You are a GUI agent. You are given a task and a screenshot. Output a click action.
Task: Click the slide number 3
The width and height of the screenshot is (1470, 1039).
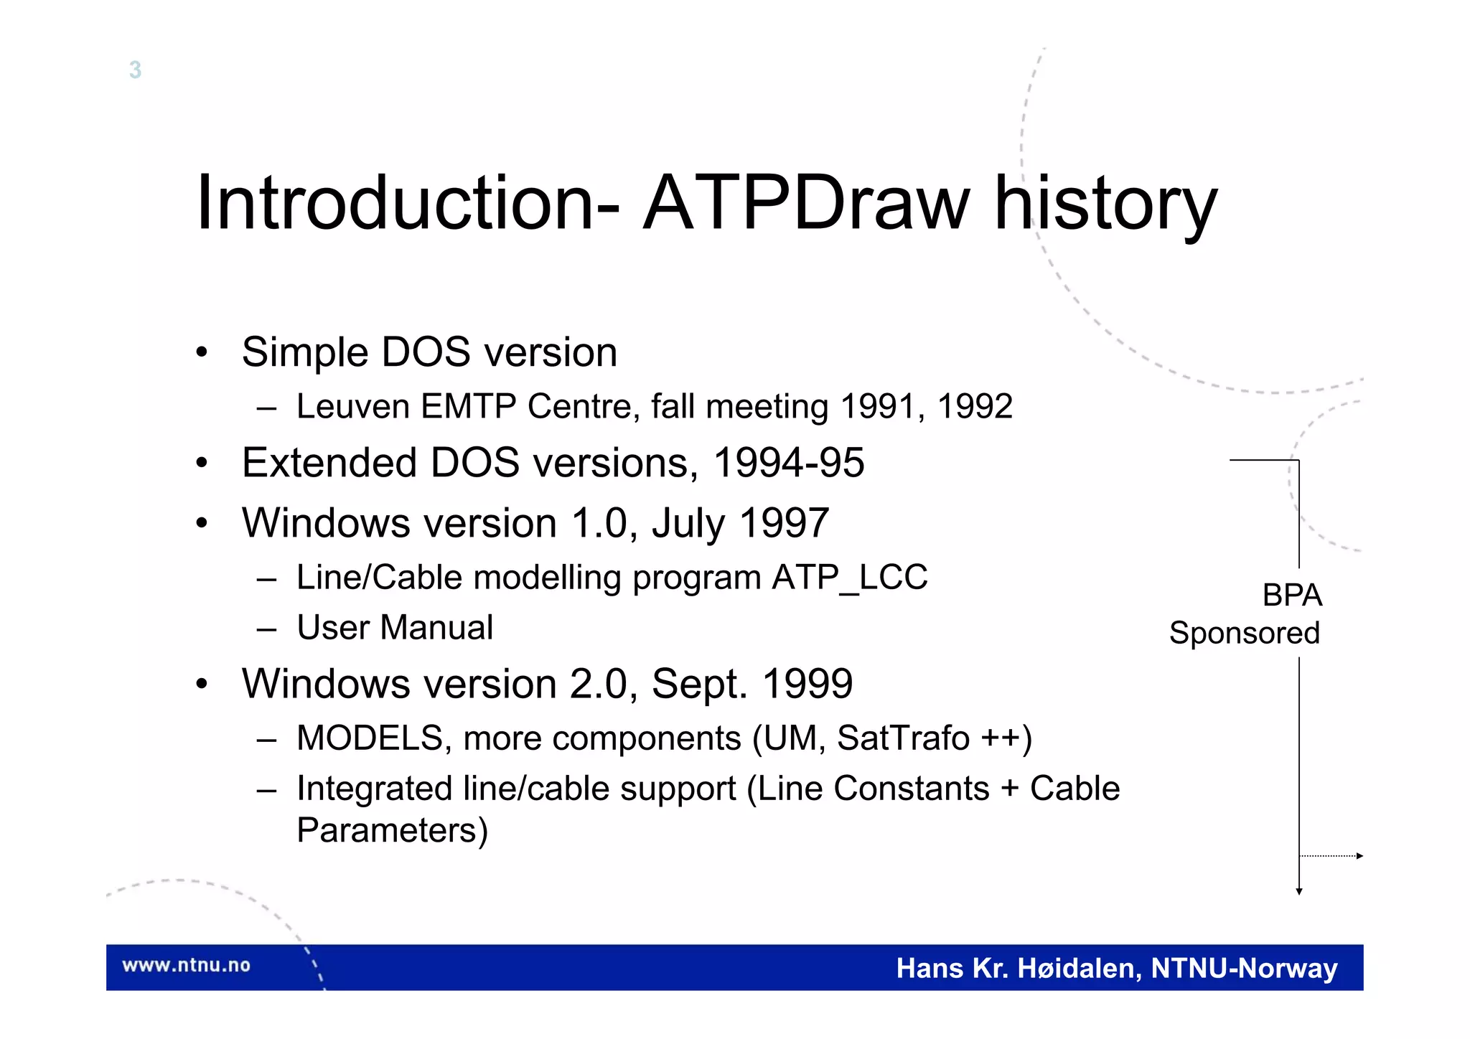click(135, 70)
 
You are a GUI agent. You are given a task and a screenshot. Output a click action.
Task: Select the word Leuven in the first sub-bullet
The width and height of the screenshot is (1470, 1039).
click(353, 406)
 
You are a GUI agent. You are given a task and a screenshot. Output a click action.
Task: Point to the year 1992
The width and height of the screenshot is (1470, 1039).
click(975, 406)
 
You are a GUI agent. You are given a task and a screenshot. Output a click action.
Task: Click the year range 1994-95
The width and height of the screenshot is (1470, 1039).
click(788, 463)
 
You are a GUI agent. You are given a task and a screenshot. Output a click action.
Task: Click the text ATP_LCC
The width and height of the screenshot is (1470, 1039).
click(850, 578)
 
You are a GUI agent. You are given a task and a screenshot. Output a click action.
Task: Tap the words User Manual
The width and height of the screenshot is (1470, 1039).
click(395, 628)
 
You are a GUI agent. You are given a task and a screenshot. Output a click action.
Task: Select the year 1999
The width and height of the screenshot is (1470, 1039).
click(807, 684)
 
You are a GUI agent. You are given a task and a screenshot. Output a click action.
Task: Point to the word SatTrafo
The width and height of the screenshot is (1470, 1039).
click(903, 738)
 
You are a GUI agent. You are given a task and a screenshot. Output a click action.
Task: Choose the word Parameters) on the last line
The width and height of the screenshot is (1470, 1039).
click(392, 831)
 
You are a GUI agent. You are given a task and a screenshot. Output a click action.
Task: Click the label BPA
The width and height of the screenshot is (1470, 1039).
click(1291, 596)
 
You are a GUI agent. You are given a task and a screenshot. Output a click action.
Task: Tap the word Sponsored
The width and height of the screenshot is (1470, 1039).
click(1244, 633)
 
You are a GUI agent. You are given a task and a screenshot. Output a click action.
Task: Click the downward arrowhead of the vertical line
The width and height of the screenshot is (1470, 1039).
click(1298, 891)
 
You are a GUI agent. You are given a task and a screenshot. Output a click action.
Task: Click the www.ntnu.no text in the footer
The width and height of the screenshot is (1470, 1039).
click(186, 965)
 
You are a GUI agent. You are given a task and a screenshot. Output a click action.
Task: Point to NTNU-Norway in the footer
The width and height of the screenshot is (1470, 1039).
click(1244, 969)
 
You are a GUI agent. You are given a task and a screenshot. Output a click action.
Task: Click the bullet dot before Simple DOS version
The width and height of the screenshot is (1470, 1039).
click(202, 352)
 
